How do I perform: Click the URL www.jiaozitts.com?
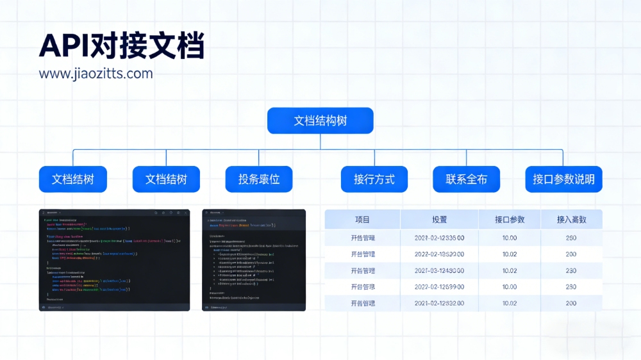coord(96,73)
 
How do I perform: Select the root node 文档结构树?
coord(320,120)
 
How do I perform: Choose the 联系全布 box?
coord(466,179)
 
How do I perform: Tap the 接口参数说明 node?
coord(563,179)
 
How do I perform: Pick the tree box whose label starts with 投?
coord(259,179)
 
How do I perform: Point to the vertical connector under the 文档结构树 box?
coord(320,142)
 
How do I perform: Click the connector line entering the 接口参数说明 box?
coord(563,158)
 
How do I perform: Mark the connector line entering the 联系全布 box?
coord(467,158)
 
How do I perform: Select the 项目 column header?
coord(362,220)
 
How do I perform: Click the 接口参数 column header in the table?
coord(510,220)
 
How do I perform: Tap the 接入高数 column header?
coord(571,220)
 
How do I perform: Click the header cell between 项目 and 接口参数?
coord(439,220)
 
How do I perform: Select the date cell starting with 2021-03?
coord(439,270)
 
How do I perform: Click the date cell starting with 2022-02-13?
coord(439,254)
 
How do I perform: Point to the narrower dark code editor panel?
coord(254,260)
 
